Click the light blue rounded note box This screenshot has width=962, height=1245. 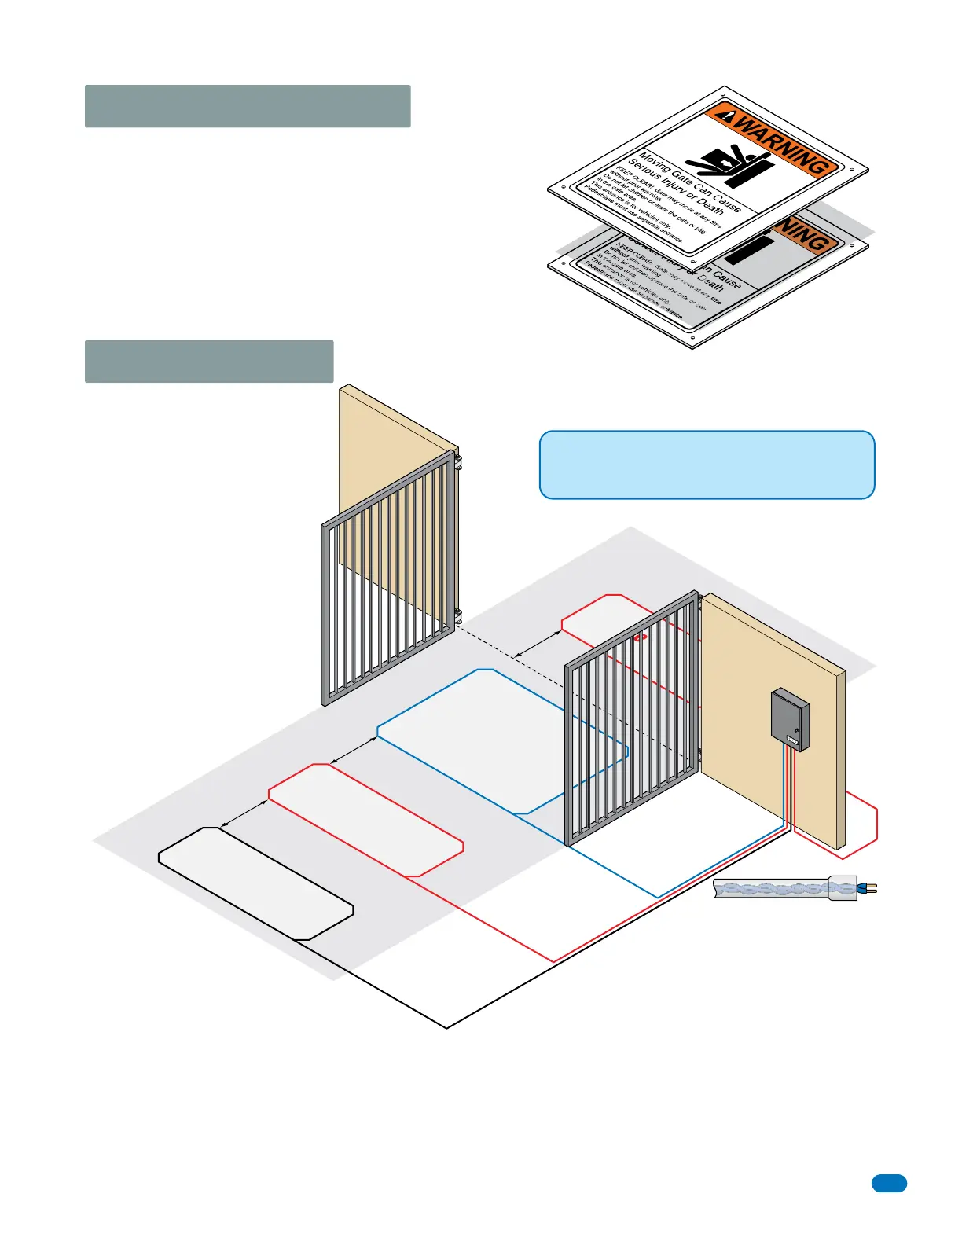coord(707,465)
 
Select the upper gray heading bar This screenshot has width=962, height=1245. coord(248,106)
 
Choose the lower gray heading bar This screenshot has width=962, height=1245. coord(209,362)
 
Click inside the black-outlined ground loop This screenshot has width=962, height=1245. coord(255,883)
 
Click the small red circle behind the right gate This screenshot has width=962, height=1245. coord(641,637)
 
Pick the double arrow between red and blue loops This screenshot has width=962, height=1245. coord(354,750)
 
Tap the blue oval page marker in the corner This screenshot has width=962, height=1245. coord(889,1183)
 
